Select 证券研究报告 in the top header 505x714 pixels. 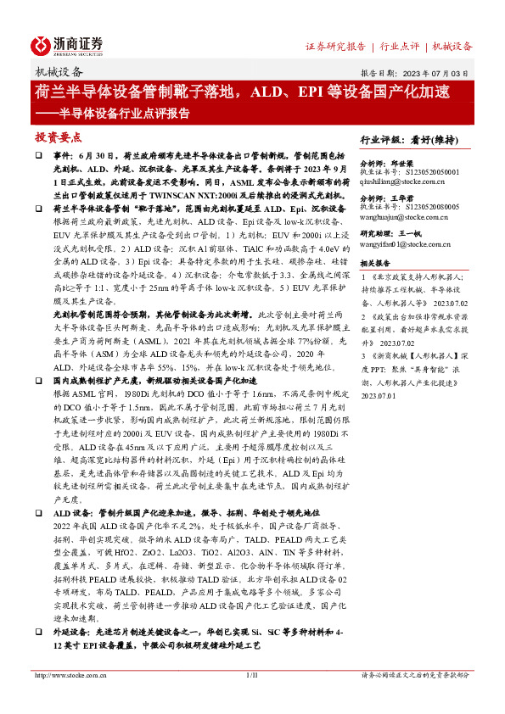(x=335, y=46)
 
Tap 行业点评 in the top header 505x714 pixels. (x=399, y=46)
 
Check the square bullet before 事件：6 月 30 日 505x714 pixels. (x=38, y=157)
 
